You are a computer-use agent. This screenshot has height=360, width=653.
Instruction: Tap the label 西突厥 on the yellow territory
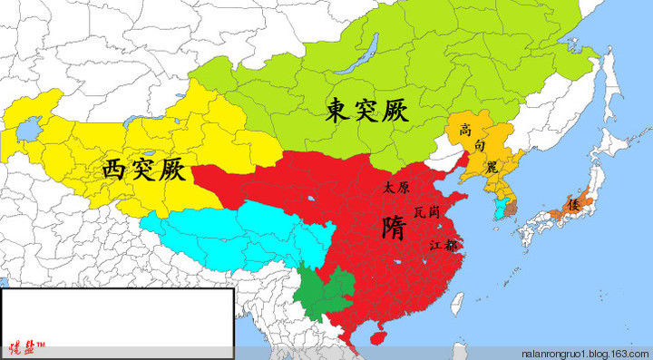coord(144,168)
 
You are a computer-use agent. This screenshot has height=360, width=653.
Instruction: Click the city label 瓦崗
coord(426,211)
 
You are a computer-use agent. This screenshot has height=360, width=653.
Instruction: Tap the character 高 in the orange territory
coord(465,130)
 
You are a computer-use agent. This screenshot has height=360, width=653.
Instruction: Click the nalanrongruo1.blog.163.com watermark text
coord(584,353)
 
